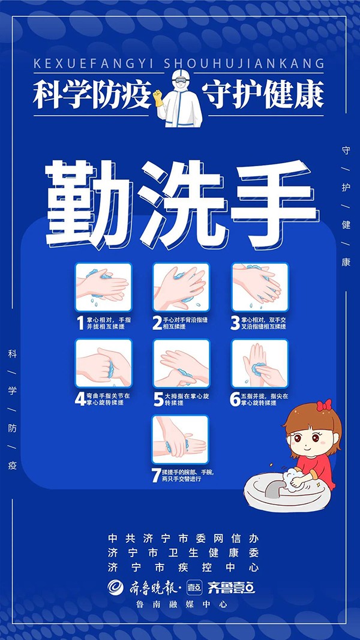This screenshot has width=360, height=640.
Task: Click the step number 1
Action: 81,323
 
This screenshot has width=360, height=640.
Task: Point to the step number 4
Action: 80,399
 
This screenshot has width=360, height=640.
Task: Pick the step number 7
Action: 155,475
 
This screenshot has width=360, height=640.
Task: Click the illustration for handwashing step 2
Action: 181,287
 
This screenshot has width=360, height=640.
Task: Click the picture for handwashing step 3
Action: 260,287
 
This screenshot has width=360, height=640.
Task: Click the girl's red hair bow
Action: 324,405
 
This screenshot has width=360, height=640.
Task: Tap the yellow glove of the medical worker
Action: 158,98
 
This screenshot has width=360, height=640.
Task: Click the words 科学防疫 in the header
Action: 92,95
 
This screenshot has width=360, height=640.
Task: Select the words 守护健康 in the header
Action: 263,95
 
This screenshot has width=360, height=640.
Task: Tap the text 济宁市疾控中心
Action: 183,567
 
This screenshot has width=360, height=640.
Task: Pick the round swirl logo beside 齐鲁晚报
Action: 116,587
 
